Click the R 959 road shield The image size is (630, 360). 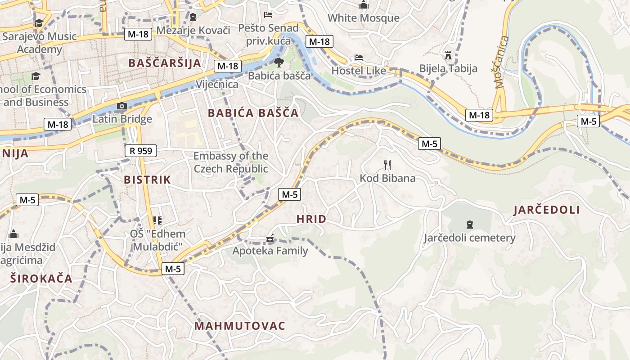[140, 151]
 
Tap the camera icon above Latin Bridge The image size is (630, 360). [121, 106]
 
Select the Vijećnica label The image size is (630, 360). [217, 85]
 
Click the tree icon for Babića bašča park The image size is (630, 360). [279, 62]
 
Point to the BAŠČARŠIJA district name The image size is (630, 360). [165, 63]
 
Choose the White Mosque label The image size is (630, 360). [363, 18]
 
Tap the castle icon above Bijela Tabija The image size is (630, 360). [448, 55]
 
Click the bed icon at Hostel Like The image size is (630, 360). [359, 58]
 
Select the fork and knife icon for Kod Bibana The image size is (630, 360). [387, 165]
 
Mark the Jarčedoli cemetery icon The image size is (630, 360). [470, 224]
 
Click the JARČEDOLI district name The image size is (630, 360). [547, 210]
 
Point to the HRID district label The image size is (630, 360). [311, 219]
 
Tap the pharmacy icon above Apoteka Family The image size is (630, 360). [270, 238]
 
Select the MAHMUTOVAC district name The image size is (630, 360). [240, 326]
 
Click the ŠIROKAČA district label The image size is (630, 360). [41, 278]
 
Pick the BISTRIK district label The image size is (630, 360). [147, 180]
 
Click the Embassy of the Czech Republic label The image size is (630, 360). [231, 162]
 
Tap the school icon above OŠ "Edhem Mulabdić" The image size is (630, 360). [157, 220]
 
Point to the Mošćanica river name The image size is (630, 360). [501, 62]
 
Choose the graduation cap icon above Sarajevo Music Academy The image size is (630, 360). [39, 23]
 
